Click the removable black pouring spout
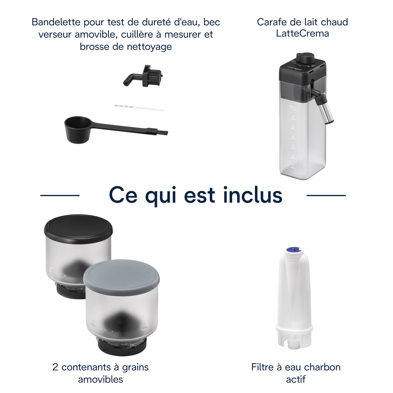(143, 76)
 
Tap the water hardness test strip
(139, 107)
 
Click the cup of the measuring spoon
(78, 130)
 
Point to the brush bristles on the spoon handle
(163, 133)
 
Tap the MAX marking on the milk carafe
(293, 107)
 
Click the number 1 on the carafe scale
(293, 166)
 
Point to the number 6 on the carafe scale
(293, 117)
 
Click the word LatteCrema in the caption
(302, 34)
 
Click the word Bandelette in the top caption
(56, 22)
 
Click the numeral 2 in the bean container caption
(55, 367)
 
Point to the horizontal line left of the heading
(60, 195)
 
